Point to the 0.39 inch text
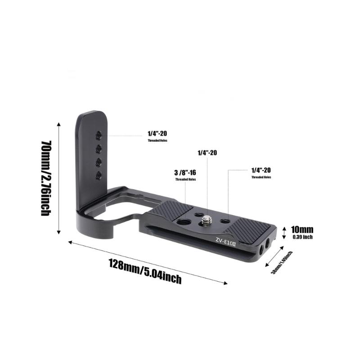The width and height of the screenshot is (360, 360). click(302, 237)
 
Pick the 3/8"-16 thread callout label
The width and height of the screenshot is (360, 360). click(185, 172)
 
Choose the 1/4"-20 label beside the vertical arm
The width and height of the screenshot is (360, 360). click(157, 134)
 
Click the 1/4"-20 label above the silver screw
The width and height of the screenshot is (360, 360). click(207, 153)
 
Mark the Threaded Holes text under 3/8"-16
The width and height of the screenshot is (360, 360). click(185, 180)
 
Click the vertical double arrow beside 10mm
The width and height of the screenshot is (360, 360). click(283, 233)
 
